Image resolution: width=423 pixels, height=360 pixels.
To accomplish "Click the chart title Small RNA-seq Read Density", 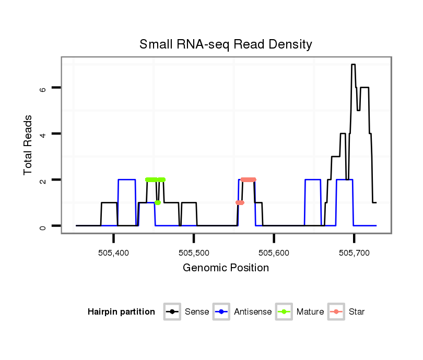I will point(226,44).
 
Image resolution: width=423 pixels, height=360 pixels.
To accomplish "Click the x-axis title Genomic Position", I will point(226,268).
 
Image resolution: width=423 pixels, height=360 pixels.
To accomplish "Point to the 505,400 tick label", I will point(113,253).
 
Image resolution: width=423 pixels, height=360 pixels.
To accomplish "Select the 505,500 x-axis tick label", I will point(194,253).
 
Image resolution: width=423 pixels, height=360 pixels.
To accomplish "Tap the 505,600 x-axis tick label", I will point(274,253).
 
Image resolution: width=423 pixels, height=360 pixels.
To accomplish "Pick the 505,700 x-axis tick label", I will point(354,253).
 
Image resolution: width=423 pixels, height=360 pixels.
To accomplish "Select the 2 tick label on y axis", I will point(44,180).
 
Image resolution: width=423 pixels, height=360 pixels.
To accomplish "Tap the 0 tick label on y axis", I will point(44,226).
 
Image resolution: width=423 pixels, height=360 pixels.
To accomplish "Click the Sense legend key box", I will point(172,312).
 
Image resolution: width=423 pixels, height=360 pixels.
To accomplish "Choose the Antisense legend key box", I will point(222,312).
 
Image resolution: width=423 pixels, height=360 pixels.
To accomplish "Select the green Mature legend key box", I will point(284,312).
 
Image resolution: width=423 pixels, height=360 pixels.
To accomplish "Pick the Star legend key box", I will point(336,312).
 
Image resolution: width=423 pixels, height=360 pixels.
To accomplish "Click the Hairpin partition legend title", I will point(121,312).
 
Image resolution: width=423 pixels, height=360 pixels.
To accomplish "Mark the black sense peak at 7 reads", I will point(354,65).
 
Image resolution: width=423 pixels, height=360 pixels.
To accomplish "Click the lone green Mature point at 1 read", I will point(158,202).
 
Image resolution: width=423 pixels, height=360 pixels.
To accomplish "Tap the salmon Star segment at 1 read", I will point(240,202).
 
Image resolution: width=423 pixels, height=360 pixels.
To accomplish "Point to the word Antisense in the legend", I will point(253,312).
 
